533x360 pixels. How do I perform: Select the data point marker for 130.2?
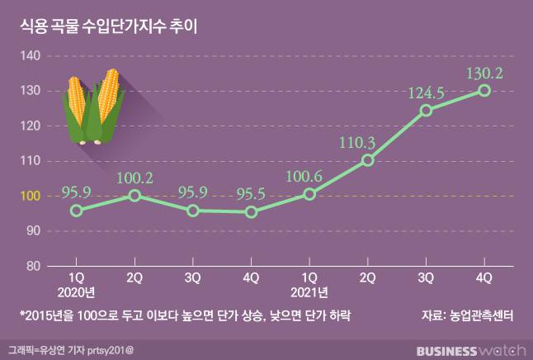click(x=484, y=90)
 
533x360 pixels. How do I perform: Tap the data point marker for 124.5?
click(x=427, y=110)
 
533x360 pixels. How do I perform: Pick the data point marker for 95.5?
click(x=252, y=212)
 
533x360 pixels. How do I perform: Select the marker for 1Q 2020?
click(x=76, y=211)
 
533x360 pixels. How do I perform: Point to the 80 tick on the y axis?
click(x=33, y=266)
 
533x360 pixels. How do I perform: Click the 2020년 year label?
click(x=76, y=291)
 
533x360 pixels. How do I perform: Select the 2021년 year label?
click(x=309, y=291)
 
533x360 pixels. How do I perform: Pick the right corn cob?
click(x=108, y=103)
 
